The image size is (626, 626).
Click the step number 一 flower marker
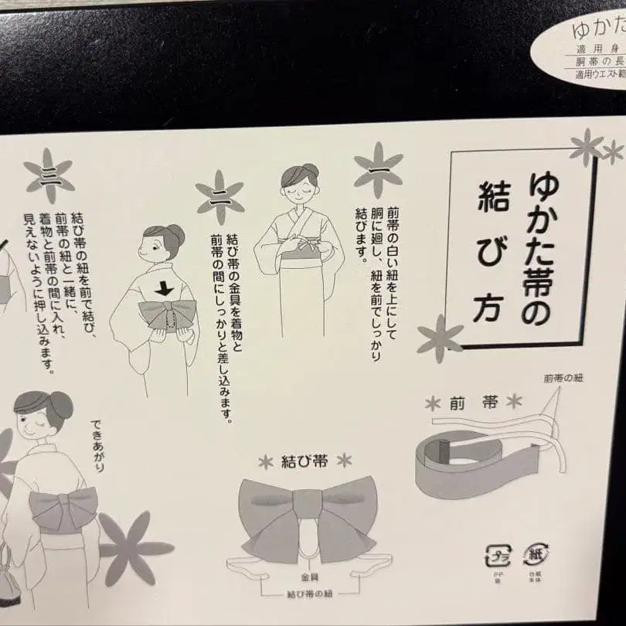coord(378,168)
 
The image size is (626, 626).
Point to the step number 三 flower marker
coord(49,171)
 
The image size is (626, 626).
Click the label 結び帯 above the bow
coord(304,462)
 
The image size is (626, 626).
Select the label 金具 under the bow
coord(307,577)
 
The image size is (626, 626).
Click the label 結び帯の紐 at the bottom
coord(307,594)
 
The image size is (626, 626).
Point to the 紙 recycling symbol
coord(536,555)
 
